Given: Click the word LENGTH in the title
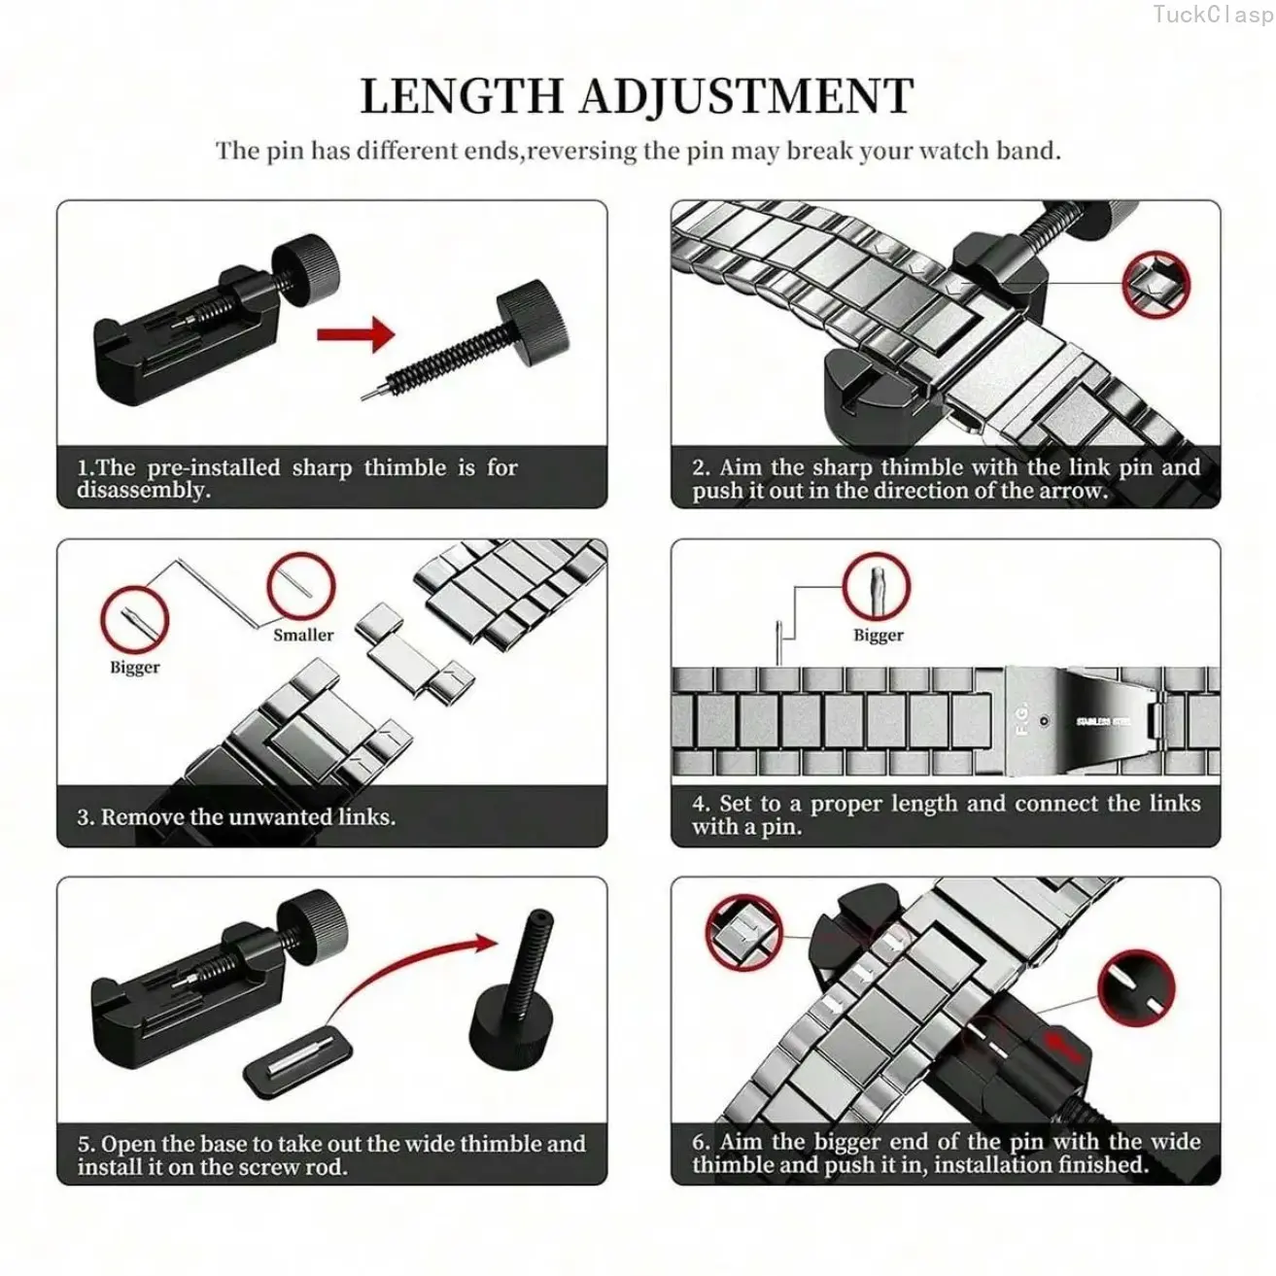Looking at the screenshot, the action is pos(461,96).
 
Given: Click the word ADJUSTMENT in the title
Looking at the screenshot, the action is pos(746,96).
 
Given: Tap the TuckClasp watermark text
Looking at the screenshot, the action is pos(1213,15).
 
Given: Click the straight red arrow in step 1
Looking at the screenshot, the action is pos(356,333).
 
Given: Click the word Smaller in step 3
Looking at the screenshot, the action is pos(303,635).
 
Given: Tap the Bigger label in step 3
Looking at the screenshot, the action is pos(134,668).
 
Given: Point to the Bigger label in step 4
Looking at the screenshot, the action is pos(878,636).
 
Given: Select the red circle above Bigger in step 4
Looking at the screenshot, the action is pos(876,586).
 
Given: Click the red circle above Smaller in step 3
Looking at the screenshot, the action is pos(301,586).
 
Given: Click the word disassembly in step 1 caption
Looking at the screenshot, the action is pos(143,491).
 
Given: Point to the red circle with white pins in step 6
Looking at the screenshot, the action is pos(1136,988).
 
